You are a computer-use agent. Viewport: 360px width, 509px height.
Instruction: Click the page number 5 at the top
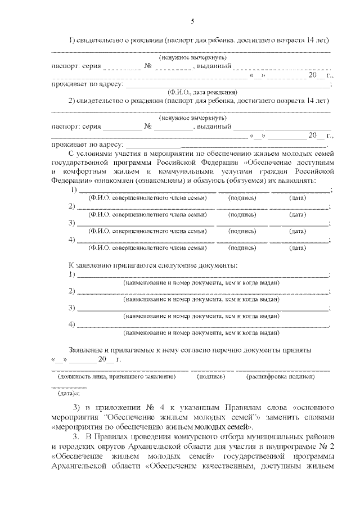(192, 22)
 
